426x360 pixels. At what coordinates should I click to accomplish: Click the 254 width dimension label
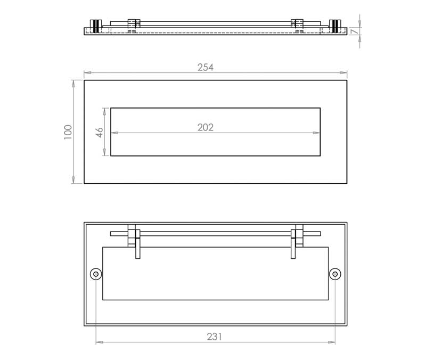206,68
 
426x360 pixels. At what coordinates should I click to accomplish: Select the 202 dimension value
206,127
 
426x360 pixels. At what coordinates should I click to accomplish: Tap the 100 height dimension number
68,132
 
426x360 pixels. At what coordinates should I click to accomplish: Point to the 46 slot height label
100,132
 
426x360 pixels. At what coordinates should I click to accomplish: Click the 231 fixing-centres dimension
215,337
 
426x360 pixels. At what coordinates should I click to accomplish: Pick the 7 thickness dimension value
354,31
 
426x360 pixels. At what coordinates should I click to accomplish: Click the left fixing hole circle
96,274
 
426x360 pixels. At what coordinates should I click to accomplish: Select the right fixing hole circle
335,274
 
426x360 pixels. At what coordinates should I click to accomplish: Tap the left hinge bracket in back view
134,241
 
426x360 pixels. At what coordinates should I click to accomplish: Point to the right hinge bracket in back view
297,241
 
